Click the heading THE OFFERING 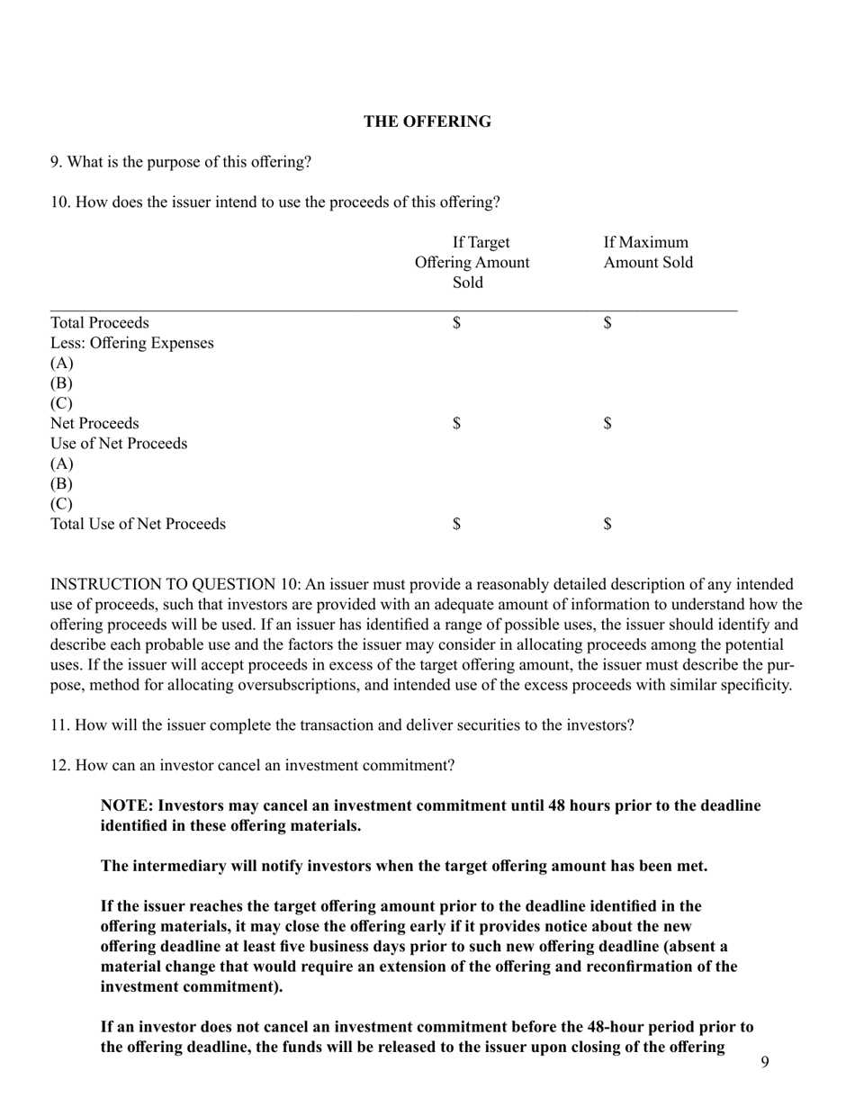click(427, 121)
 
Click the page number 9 click(764, 1063)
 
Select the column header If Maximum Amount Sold click(648, 253)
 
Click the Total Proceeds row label click(100, 323)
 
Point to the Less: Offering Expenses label click(132, 343)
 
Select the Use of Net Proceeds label click(119, 444)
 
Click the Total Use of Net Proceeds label click(138, 524)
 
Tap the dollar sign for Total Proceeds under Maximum click(608, 323)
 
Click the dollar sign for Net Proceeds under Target click(457, 424)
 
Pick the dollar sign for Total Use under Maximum click(608, 524)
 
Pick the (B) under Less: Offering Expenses click(62, 383)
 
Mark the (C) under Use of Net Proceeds click(62, 504)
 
